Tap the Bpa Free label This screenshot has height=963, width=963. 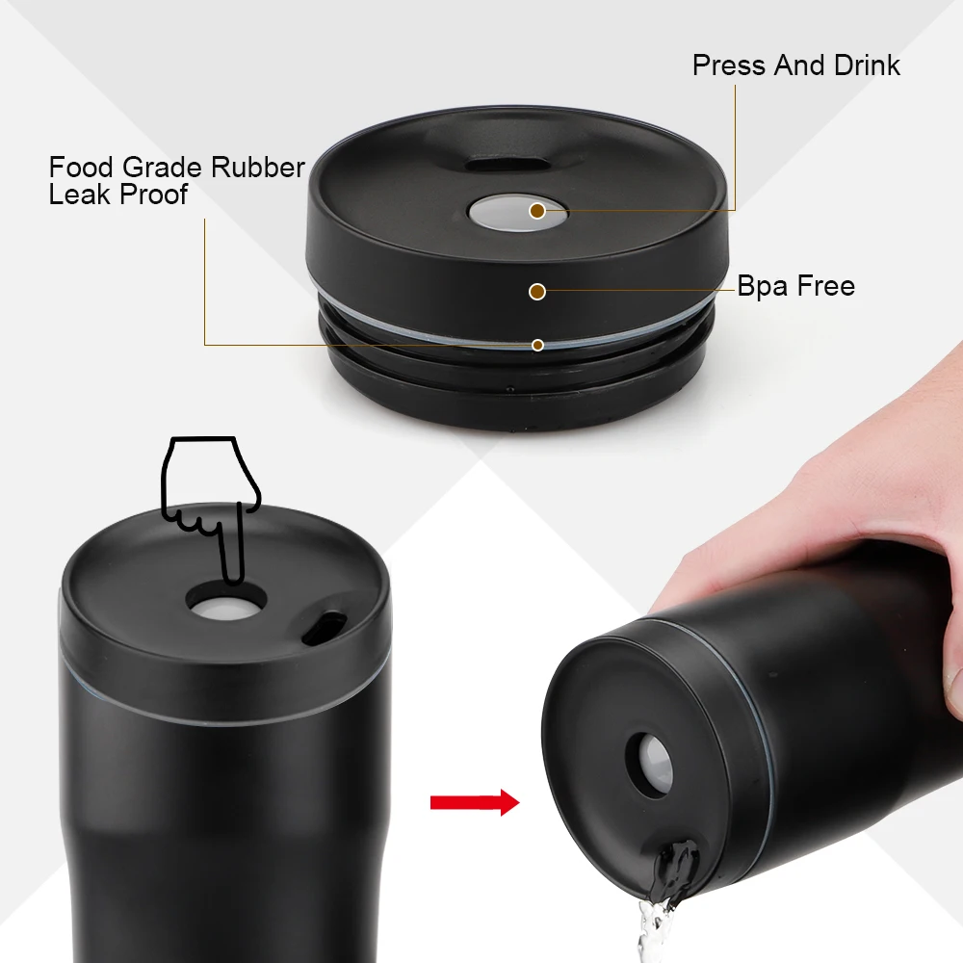click(x=795, y=286)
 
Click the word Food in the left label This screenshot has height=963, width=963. click(x=81, y=168)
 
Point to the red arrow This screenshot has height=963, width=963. click(x=474, y=802)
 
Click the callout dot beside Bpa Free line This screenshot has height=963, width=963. click(x=537, y=290)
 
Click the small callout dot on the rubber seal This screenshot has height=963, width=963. click(x=537, y=345)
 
